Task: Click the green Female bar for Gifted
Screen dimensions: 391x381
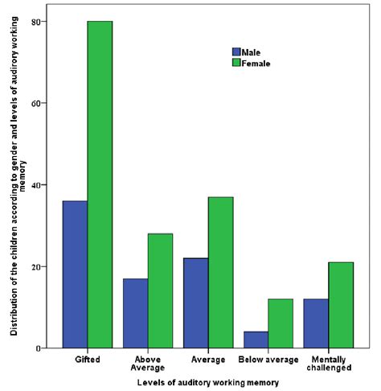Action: click(100, 185)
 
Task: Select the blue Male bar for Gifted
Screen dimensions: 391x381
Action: click(76, 274)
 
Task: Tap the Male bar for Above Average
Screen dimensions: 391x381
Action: click(135, 313)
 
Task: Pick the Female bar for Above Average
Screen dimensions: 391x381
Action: click(160, 290)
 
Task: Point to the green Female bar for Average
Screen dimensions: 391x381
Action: click(220, 273)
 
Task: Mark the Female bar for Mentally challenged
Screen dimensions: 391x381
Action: click(341, 305)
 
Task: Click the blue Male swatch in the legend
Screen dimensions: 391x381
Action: click(236, 51)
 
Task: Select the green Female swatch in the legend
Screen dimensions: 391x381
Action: click(236, 62)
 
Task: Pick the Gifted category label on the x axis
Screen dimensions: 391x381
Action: click(87, 359)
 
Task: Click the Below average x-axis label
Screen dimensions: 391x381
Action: click(268, 359)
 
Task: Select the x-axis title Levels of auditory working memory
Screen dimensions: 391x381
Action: click(207, 382)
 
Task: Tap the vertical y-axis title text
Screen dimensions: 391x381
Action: click(16, 185)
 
